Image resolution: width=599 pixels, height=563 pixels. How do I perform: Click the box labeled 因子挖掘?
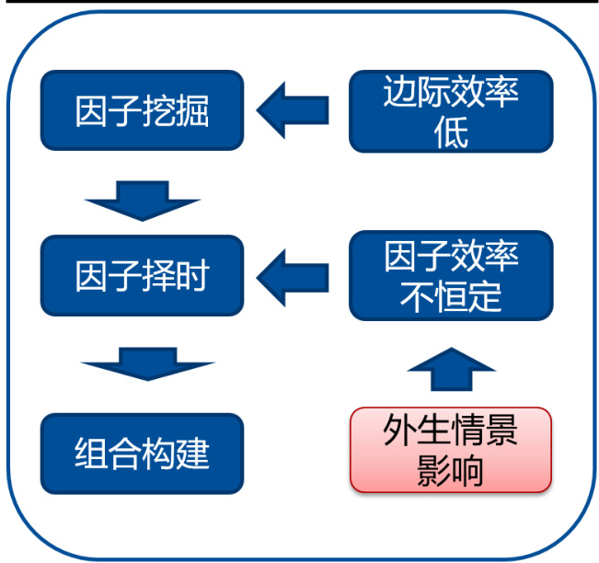point(142,111)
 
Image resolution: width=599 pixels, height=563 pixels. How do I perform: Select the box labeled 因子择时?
point(142,275)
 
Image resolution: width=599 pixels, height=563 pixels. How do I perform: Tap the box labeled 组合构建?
point(142,453)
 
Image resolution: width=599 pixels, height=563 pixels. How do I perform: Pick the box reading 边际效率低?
point(451,111)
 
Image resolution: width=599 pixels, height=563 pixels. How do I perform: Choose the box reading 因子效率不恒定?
point(451,275)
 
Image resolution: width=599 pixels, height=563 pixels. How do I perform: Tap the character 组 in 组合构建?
point(91,453)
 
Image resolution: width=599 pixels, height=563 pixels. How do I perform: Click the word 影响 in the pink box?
point(451,470)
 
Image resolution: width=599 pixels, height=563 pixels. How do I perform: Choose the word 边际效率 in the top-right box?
point(451,93)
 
